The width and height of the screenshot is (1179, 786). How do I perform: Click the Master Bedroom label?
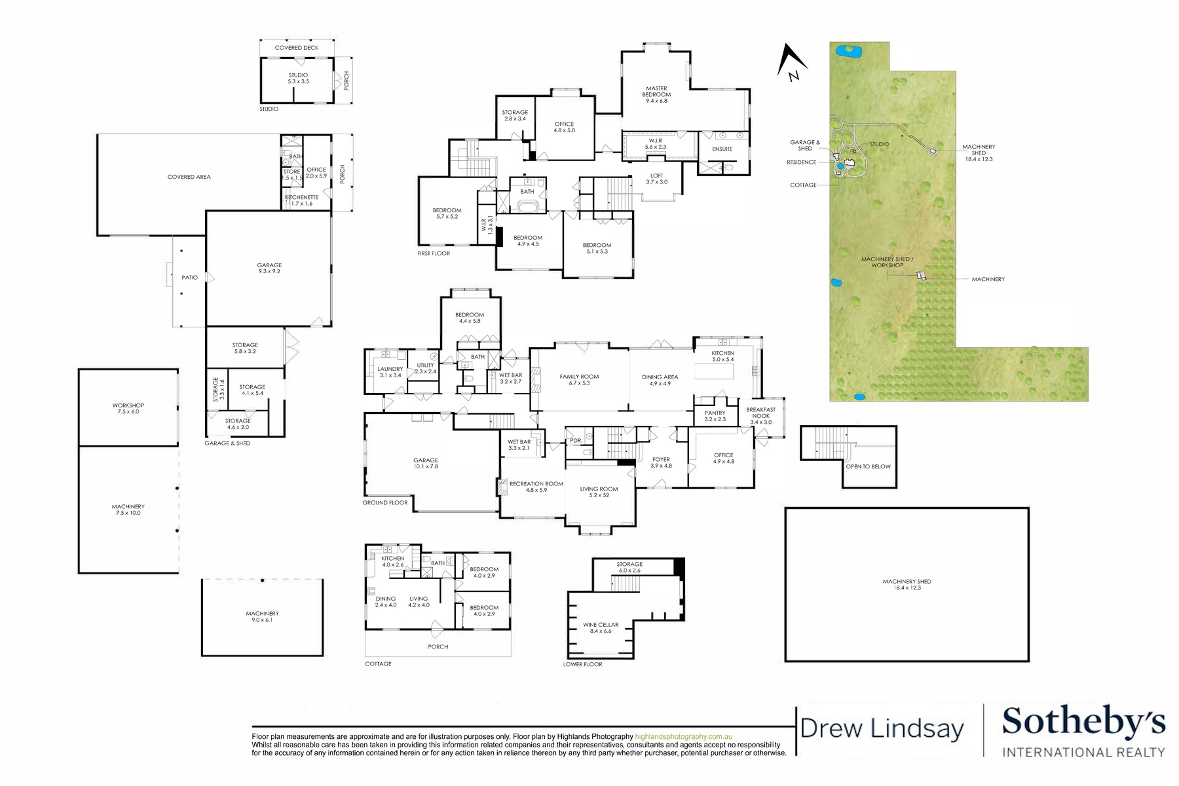pos(656,95)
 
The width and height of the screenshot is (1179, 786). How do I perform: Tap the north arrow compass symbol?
pos(791,63)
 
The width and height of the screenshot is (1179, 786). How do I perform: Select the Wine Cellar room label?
pos(601,627)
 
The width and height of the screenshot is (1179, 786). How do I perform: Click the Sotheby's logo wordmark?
pos(1083,722)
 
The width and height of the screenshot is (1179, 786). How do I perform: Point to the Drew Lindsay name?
pos(882,728)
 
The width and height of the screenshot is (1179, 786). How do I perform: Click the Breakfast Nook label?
pos(760,415)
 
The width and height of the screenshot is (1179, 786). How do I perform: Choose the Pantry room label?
pos(715,416)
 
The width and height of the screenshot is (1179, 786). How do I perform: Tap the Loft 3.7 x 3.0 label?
pos(656,178)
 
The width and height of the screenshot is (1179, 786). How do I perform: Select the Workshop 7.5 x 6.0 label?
pos(128,408)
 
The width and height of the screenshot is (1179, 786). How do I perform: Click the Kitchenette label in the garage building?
pos(301,200)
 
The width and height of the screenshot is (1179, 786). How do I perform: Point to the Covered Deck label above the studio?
pos(297,48)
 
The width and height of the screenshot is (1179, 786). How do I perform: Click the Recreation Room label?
pos(536,487)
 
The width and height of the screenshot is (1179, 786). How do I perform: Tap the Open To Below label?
pos(868,466)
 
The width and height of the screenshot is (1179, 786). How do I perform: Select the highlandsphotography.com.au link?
pos(684,736)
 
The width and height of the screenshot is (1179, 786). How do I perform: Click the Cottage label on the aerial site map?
pos(803,185)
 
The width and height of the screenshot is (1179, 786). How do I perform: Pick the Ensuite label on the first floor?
pos(722,149)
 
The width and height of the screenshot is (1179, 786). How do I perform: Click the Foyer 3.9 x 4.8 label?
pos(661,462)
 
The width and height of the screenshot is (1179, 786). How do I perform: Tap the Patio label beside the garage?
pos(189,277)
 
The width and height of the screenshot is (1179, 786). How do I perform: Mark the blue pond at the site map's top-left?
pos(848,50)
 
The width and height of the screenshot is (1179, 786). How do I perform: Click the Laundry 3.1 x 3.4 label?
pos(390,372)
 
